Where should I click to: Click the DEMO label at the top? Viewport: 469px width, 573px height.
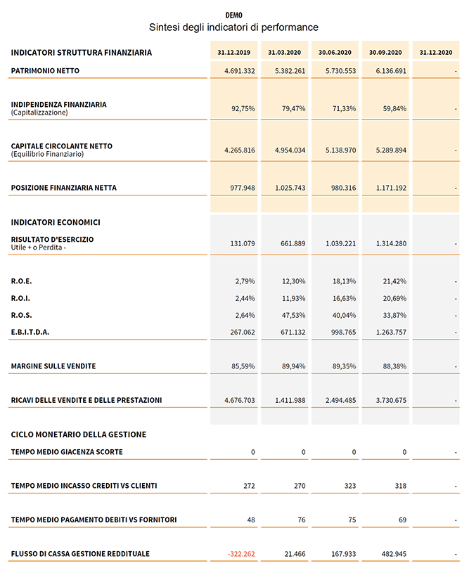coord(233,15)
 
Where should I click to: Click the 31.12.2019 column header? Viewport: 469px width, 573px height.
coord(234,52)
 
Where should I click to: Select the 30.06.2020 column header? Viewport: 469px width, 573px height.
coord(335,52)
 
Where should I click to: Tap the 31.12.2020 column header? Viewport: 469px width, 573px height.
coord(435,52)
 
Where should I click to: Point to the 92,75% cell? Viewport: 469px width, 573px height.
coord(243,109)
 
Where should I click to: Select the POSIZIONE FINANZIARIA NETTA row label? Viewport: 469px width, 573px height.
coord(64,188)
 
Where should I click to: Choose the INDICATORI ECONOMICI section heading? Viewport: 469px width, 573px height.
coord(56,222)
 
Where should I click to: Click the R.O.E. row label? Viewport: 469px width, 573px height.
coord(21,281)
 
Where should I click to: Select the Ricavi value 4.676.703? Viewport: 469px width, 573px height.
coord(239,400)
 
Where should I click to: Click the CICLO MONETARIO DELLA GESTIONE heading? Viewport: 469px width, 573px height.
coord(79,434)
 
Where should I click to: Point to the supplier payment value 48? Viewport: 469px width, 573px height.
coord(250,520)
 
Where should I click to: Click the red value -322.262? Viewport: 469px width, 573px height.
coord(241,554)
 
